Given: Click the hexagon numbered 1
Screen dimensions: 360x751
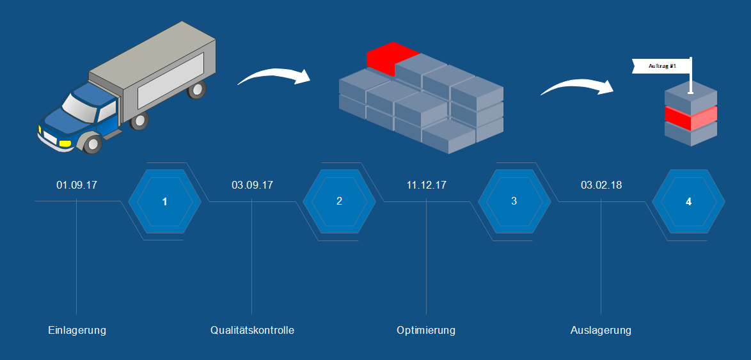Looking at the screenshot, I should [x=165, y=201].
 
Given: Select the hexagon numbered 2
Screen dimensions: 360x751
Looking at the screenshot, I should [x=339, y=201].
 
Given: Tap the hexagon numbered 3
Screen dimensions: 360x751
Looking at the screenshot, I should [x=514, y=201].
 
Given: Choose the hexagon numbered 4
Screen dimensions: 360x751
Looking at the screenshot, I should [x=688, y=201].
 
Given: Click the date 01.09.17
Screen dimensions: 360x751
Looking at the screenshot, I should [x=77, y=185].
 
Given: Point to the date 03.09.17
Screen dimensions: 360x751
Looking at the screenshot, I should [x=252, y=185].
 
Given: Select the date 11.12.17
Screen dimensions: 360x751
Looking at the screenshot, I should [x=427, y=185].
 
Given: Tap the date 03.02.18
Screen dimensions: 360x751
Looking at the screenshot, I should [x=601, y=185].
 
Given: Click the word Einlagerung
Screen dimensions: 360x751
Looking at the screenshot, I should [x=77, y=331].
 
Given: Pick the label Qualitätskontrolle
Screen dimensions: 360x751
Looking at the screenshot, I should [x=252, y=331].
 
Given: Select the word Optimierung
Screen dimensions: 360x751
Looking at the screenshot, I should [x=426, y=331].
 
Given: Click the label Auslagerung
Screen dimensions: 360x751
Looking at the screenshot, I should [x=601, y=331].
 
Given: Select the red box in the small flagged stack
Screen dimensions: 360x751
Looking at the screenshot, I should [x=691, y=116].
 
